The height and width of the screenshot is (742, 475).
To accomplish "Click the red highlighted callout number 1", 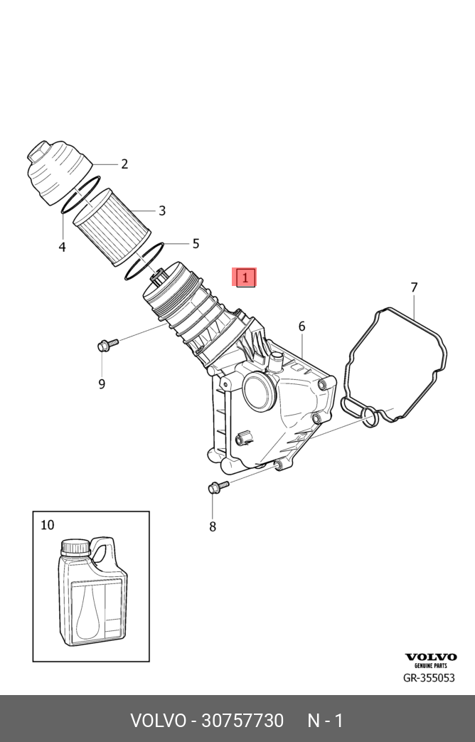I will coord(245,277).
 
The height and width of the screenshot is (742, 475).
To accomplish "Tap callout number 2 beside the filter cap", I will coord(124,164).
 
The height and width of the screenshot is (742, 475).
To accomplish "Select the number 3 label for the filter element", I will coord(162,211).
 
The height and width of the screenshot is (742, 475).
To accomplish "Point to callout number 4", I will coord(62,248).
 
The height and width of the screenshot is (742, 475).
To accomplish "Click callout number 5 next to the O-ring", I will coord(196,244).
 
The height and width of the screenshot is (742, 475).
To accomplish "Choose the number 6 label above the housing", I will coord(301,327).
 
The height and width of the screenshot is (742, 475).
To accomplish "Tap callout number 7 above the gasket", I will coord(414,288).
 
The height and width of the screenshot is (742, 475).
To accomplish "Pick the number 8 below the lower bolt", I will coord(213,527).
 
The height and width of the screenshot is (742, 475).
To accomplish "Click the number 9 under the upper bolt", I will coord(102,384).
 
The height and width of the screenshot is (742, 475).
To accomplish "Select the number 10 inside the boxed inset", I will coord(47,526).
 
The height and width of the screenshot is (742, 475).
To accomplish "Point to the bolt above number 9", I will coord(108,346).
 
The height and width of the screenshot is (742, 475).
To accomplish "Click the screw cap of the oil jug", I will coord(75,548).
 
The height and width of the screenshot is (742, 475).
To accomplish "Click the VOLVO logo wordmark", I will coord(430,657).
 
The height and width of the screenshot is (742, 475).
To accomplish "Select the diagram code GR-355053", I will coord(429,678).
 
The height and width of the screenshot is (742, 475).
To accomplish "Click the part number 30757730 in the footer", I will coord(242,721).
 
